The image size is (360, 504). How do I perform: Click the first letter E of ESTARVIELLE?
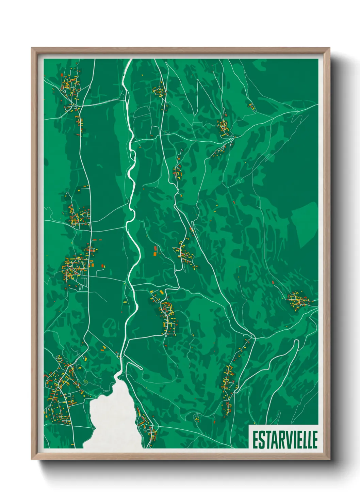coord(255,440)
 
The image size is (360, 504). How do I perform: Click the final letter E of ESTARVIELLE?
coord(314,440)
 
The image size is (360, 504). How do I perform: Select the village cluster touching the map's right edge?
coord(298,300)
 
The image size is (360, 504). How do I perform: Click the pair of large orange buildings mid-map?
coord(155,251)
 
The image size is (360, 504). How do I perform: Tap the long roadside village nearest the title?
coord(228,385)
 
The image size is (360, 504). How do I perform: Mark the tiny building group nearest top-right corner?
coord(251,106)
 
